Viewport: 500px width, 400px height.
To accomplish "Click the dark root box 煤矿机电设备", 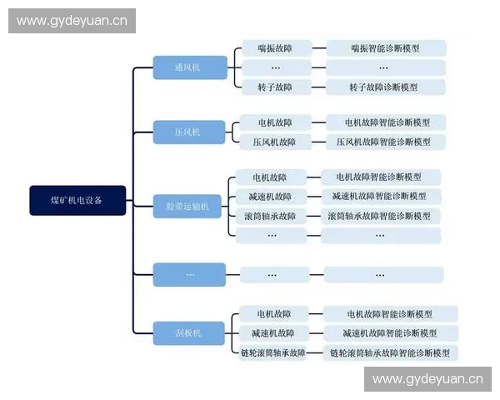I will coord(77,200).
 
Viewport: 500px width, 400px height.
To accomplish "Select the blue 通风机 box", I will coord(189,67).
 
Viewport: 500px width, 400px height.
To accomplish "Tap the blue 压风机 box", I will coord(189,132).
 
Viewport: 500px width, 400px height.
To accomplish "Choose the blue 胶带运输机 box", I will coord(189,206).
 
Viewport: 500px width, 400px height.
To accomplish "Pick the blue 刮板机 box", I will coord(189,333).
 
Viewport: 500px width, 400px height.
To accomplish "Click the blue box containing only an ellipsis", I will coord(189,274).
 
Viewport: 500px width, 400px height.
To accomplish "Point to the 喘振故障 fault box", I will coord(274,48).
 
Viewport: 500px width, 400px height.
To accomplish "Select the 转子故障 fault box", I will coord(274,87).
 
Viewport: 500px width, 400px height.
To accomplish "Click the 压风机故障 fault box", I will coord(274,142).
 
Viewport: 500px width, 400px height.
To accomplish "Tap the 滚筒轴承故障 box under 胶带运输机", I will coord(270,216).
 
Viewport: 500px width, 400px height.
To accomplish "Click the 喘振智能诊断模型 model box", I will coord(385,48).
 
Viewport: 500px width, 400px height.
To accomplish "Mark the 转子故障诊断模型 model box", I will coord(385,87).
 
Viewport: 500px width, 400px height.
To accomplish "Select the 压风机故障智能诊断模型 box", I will coord(385,142).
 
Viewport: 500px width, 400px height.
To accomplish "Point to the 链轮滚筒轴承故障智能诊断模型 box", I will coord(389,353).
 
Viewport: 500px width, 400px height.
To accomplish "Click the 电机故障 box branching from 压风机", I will coord(274,122).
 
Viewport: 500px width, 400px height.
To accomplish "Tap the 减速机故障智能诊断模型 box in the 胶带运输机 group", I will coord(379,197).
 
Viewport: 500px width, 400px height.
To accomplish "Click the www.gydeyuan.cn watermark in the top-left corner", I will coord(72,20).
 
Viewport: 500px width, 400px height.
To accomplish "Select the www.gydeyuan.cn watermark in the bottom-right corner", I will coord(427,379).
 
